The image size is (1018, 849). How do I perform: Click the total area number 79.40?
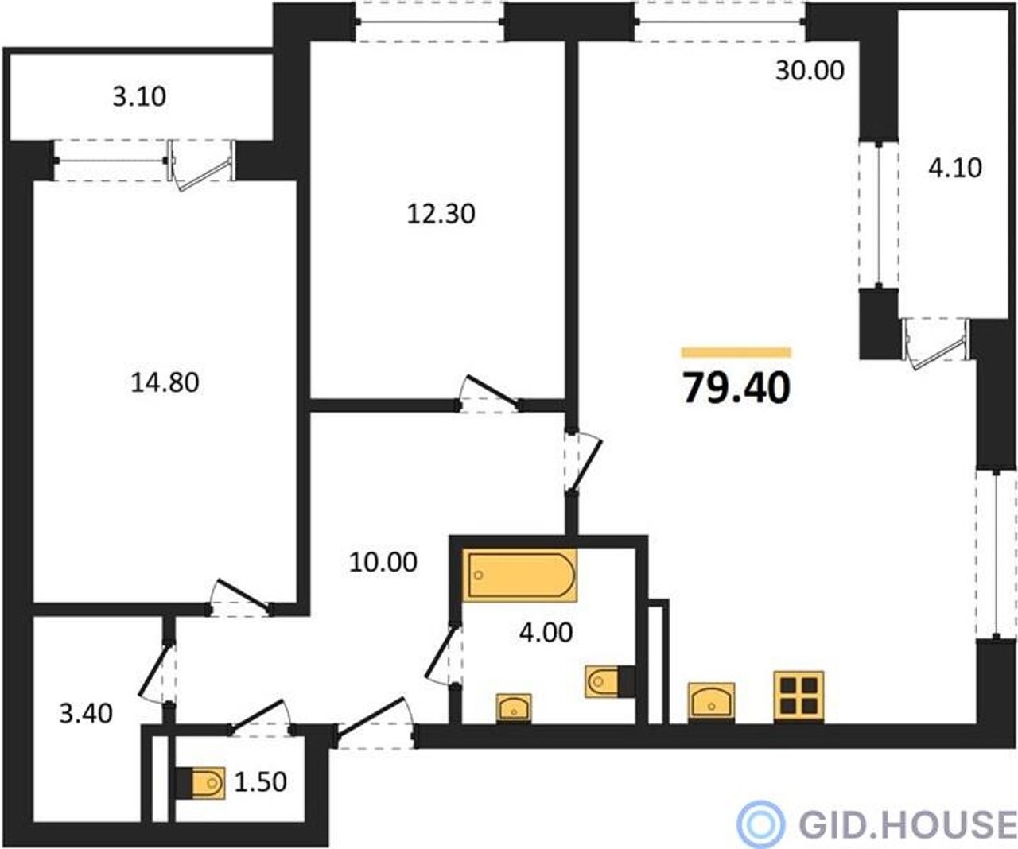coord(736,389)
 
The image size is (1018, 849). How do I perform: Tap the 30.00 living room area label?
coord(810,71)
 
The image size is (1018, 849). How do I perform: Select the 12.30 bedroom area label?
coord(441,214)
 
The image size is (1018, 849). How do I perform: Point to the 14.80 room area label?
coord(165,382)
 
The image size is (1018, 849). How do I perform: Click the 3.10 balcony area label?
coord(139,96)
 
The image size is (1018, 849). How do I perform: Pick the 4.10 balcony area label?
coord(955,169)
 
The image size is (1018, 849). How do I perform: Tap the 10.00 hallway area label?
coord(383,562)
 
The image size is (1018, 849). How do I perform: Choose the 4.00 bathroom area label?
coord(546,633)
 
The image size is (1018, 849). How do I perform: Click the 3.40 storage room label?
coord(86,714)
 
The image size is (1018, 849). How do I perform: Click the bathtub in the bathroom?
coord(519,575)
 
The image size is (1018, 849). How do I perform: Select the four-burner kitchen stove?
coord(798,696)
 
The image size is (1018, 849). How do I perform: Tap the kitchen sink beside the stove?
coord(711,702)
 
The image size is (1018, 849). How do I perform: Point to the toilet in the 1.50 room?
coord(200,783)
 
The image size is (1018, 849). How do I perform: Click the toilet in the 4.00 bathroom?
coord(610,681)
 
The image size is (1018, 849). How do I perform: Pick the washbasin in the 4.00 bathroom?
coord(514,708)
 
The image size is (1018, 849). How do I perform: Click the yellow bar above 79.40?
coord(736,352)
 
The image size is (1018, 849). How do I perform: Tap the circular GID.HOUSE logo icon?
coord(760,824)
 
